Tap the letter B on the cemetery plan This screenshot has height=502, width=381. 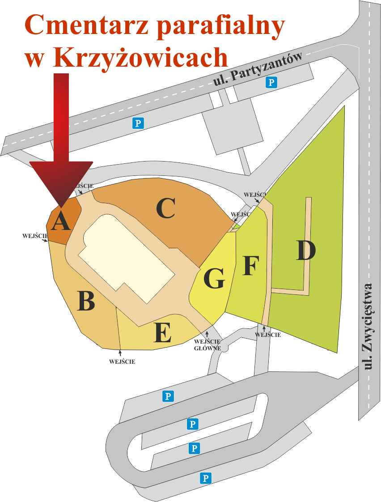click(x=86, y=301)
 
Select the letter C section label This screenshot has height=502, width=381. click(x=165, y=209)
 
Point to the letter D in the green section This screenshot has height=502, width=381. click(x=306, y=251)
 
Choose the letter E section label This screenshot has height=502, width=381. click(x=162, y=333)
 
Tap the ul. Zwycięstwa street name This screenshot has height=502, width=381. click(x=368, y=327)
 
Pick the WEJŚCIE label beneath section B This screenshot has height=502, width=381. click(x=122, y=362)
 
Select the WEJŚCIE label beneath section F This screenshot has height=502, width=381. click(x=268, y=335)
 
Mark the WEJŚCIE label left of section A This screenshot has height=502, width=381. click(x=34, y=236)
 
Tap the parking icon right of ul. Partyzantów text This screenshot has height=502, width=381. click(x=271, y=82)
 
